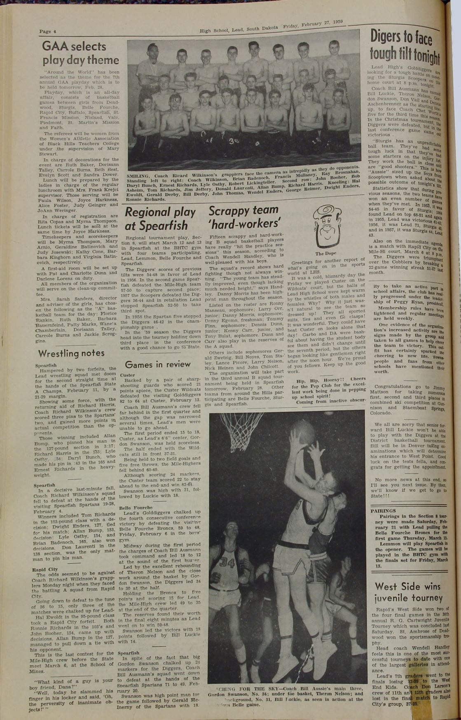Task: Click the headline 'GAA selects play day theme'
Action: (80, 53)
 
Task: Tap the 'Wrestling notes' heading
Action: (71, 353)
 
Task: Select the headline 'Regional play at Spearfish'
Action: (160, 219)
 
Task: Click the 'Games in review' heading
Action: (158, 364)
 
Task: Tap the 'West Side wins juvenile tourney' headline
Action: (407, 592)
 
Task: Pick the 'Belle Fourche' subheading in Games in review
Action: (136, 508)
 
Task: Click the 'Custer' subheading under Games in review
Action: (128, 375)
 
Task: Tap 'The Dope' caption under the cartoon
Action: (325, 254)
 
